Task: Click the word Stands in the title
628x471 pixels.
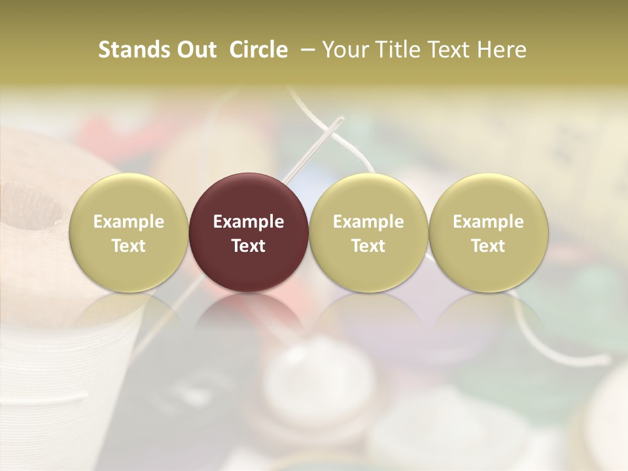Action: [x=130, y=50]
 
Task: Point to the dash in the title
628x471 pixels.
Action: [x=304, y=50]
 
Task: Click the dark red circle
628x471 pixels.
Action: [x=249, y=232]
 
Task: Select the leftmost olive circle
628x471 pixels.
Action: [x=128, y=232]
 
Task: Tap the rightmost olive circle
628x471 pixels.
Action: [x=488, y=232]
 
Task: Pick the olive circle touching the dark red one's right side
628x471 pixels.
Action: [x=368, y=232]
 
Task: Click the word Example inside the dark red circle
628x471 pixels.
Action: [x=249, y=222]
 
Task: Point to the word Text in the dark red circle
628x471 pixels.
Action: [x=249, y=245]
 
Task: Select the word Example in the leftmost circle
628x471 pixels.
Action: [x=128, y=222]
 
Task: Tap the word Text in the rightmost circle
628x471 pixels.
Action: [x=488, y=245]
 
